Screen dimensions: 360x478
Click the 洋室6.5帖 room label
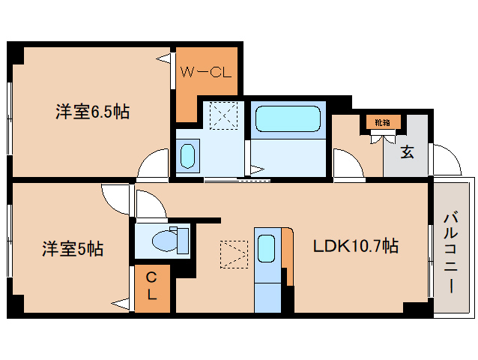point(91,112)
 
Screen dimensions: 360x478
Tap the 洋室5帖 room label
point(72,249)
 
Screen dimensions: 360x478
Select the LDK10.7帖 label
point(355,245)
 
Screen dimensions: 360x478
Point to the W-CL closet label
point(207,73)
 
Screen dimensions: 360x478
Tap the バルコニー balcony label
point(451,253)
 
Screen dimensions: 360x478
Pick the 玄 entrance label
point(406,152)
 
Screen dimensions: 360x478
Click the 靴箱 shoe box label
point(383,121)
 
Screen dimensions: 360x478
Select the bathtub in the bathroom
point(288,118)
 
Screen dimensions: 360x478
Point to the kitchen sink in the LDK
point(265,247)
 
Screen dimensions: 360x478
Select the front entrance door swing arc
point(447,159)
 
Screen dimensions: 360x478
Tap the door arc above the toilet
point(149,204)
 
